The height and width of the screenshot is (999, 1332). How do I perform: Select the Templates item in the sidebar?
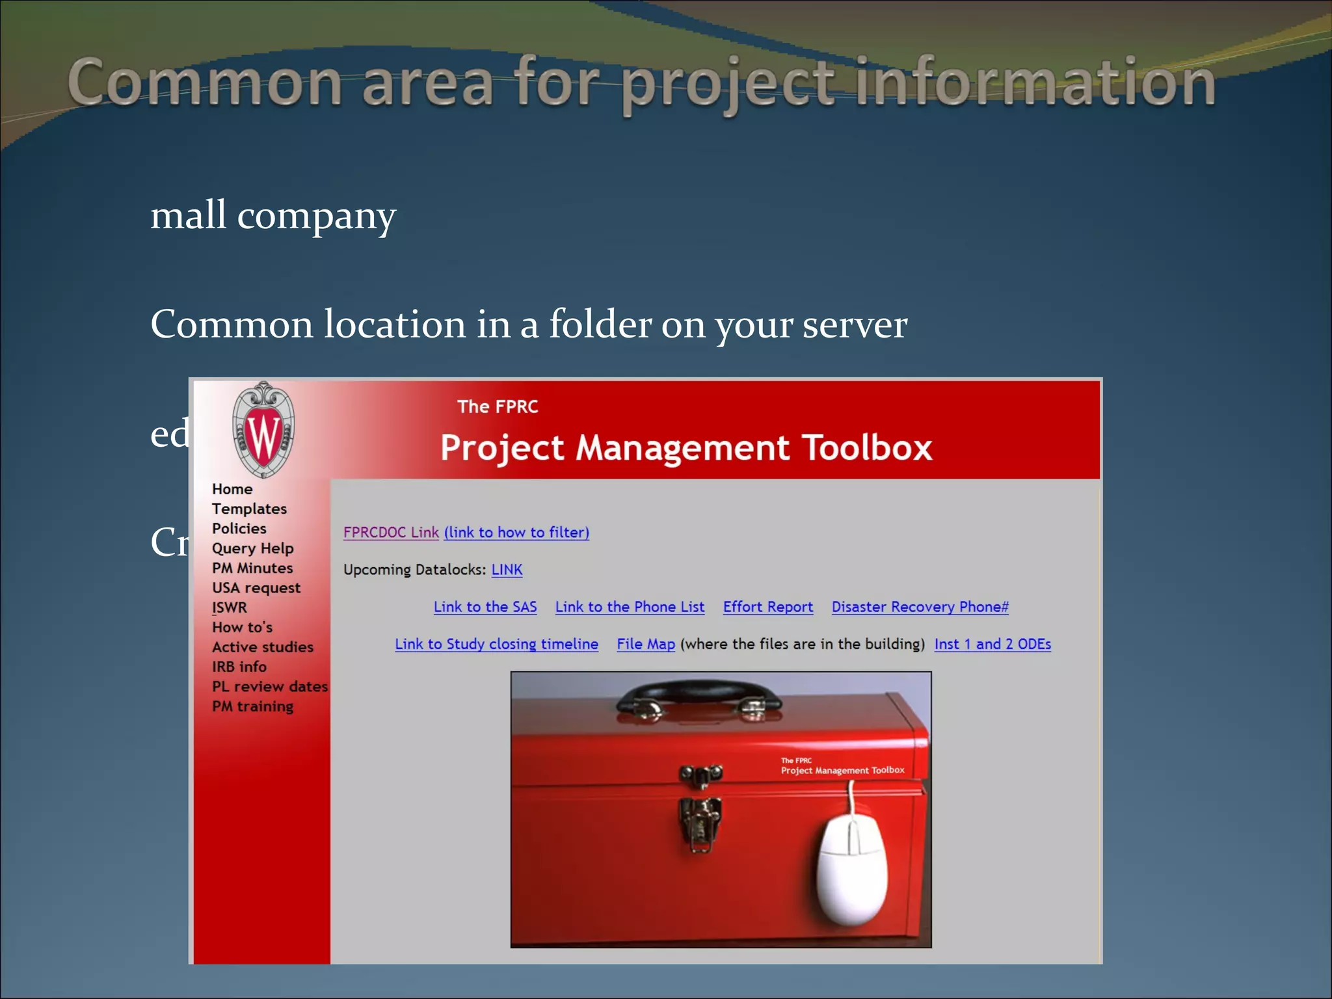tap(249, 509)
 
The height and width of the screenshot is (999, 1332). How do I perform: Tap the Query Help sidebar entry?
tap(252, 548)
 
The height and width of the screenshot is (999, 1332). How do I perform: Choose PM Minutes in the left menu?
tap(252, 568)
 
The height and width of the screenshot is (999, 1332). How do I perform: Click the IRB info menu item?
tap(239, 667)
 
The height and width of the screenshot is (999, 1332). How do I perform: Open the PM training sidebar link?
tap(252, 706)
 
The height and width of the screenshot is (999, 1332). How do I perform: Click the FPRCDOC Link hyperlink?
tap(391, 532)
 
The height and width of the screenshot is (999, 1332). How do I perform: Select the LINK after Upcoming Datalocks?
tap(507, 570)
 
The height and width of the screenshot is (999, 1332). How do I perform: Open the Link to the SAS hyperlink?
tap(485, 607)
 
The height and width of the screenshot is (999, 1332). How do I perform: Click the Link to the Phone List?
tap(630, 607)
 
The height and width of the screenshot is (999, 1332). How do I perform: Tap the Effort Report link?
tap(767, 607)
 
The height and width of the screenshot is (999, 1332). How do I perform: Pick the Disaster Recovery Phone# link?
tap(920, 607)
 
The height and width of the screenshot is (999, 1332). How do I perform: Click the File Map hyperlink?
tap(645, 644)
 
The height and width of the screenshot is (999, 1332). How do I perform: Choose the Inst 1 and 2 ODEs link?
tap(992, 644)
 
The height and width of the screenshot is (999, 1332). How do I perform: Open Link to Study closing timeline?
tap(496, 644)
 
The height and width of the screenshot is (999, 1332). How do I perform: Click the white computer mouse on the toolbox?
tap(852, 872)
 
